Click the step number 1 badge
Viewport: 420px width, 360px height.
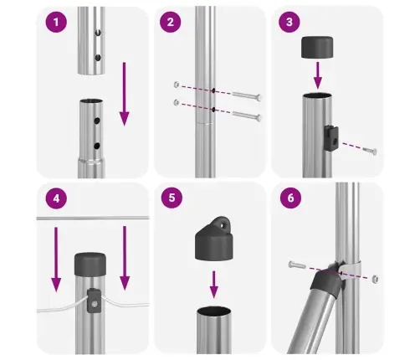pos(56,23)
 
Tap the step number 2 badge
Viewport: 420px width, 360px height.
pos(170,23)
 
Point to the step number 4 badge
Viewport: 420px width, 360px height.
pos(56,200)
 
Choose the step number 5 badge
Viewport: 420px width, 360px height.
pos(170,200)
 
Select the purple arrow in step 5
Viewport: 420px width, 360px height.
pos(213,282)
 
